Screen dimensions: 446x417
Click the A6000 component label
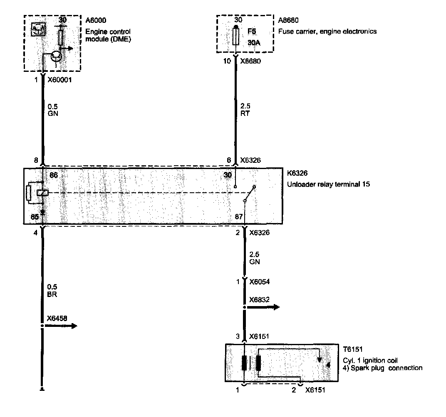click(95, 21)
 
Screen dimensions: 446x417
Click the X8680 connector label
click(252, 61)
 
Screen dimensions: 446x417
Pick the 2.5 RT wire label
click(245, 110)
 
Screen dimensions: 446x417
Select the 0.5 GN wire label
click(53, 110)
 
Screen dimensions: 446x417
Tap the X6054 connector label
click(259, 282)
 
